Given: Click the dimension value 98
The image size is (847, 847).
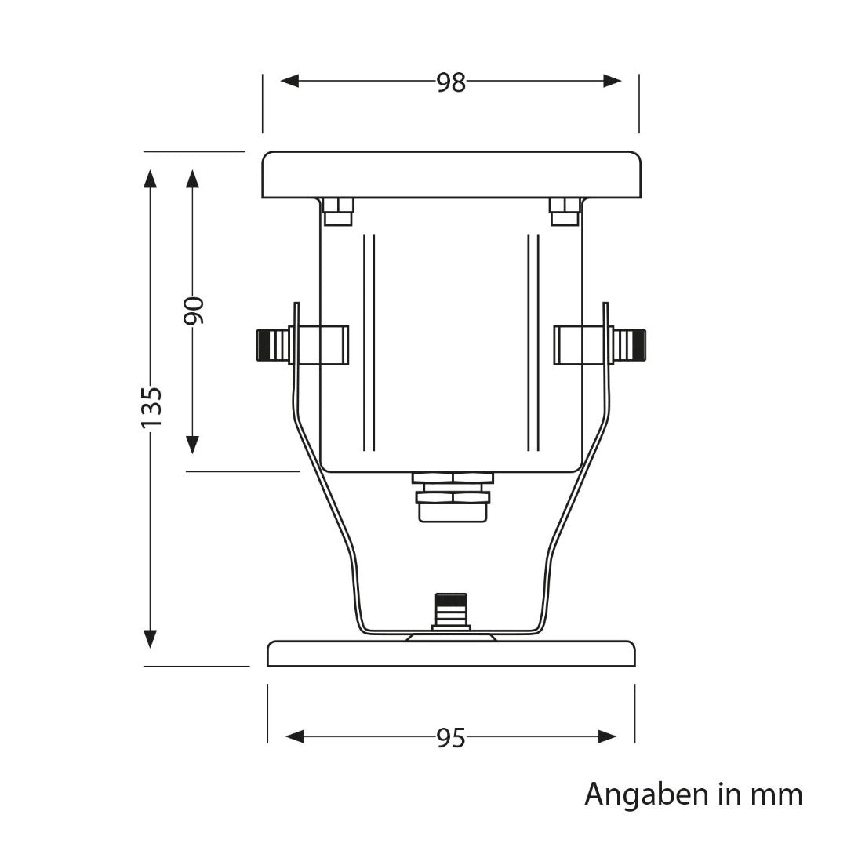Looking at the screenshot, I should coord(451,82).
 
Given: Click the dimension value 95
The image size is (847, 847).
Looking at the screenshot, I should coord(451,737).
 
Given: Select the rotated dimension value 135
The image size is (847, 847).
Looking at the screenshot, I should coord(151,407).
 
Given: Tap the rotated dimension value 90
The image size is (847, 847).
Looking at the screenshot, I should coord(194,311).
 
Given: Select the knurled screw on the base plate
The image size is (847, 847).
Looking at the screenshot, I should coord(451,610).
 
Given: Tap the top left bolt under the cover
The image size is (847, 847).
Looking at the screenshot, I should coord(338,211).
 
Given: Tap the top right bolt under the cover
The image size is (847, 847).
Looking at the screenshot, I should coord(565,211).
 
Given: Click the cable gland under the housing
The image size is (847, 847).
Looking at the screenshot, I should coord(453,496).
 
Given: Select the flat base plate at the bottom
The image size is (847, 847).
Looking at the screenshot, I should coord(451,654).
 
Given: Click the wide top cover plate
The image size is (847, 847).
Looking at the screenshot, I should coord(451,174).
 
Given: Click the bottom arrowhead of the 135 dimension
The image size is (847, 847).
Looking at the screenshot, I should coord(151,638).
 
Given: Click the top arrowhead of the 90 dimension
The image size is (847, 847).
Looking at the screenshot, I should coord(192,178).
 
